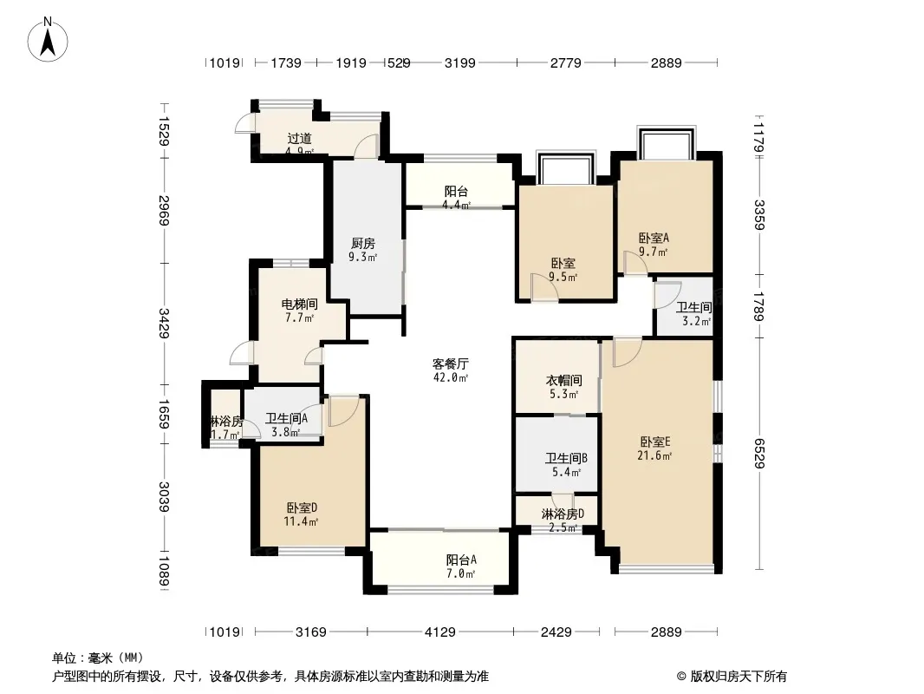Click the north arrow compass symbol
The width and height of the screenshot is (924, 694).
48,39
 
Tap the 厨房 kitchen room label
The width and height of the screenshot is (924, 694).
363,250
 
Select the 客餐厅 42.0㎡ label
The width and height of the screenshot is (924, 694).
451,370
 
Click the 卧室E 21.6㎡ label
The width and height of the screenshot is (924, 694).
654,448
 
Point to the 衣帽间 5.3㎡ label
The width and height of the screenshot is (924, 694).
564,387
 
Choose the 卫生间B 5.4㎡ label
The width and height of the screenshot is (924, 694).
566,465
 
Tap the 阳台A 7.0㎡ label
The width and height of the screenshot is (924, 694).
461,566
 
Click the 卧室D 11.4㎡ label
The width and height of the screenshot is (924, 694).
302,514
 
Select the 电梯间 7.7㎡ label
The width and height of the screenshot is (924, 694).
299,311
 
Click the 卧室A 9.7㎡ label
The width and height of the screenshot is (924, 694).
654,245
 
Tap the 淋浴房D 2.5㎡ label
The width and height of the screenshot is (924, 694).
563,520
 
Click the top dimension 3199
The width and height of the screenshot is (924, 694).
459,62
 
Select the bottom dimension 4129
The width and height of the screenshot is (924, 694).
440,632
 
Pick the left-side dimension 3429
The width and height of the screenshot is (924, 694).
164,323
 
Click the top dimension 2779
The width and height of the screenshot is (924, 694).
566,62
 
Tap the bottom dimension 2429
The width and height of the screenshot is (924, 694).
556,632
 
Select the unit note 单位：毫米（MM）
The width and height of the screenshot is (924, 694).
98,658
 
